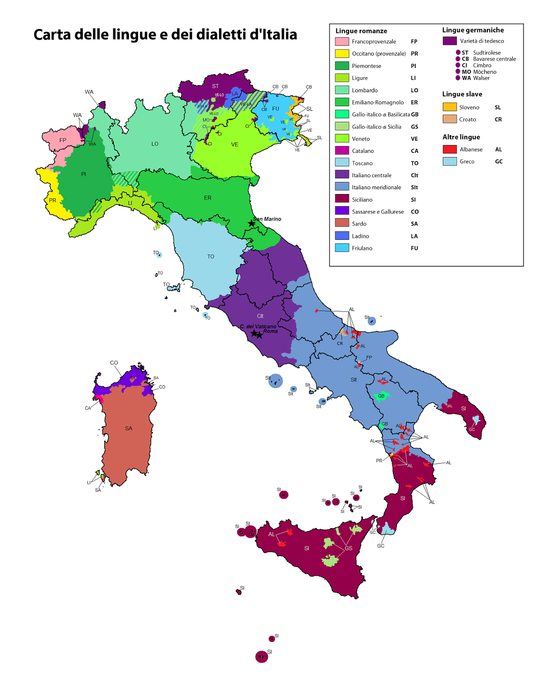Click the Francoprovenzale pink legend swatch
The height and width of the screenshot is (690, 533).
pos(342,41)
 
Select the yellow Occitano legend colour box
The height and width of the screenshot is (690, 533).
pos(342,53)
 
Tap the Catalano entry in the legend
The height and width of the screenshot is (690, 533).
pos(363,151)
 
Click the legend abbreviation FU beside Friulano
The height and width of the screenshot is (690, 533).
pos(414,248)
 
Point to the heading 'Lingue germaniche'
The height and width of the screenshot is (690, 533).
pos(473,30)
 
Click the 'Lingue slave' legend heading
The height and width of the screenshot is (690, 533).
pos(462,94)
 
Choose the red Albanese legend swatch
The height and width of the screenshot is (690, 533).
pos(449,149)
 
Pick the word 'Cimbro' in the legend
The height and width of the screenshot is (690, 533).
pos(482,66)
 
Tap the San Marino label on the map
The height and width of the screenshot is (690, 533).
pos(267,219)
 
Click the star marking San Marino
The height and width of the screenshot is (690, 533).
pos(251,223)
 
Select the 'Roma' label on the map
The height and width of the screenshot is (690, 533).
pos(270,331)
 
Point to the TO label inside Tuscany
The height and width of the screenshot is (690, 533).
pos(210,257)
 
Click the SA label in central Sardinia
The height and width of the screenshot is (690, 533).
pos(129,428)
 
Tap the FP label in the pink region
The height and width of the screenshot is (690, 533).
pos(63,140)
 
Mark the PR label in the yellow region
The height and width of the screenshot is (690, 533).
pos(53,201)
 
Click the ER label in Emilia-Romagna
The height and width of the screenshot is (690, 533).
pos(207,198)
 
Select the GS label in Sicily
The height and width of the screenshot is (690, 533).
pos(348,549)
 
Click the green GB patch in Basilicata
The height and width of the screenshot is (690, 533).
pos(381,396)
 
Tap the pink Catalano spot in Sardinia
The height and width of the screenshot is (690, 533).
pos(100,399)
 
